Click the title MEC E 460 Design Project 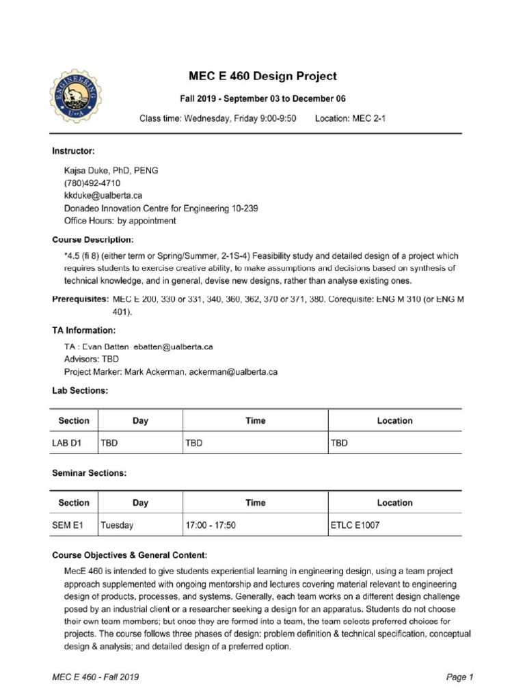(262, 76)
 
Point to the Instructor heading (73, 150)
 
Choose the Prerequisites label (80, 300)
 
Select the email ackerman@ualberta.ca (224, 372)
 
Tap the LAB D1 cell (67, 443)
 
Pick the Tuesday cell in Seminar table (117, 526)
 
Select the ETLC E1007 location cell (355, 526)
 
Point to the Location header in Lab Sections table (394, 421)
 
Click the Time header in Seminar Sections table (255, 502)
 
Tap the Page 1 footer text (460, 677)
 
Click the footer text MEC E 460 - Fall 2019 (96, 677)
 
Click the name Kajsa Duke (88, 171)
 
